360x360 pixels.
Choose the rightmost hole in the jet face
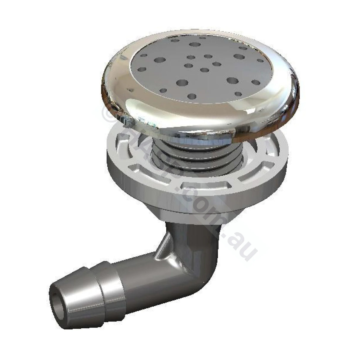click(260, 61)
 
